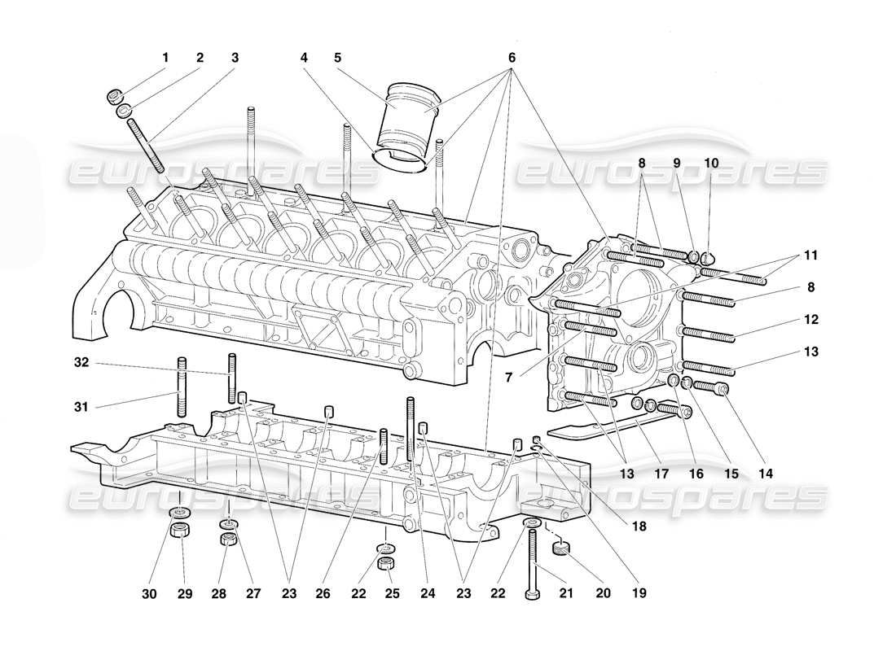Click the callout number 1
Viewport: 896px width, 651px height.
pos(165,58)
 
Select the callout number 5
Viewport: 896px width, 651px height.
pos(336,58)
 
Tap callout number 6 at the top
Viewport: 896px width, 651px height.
pos(512,58)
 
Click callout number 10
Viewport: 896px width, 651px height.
pos(711,163)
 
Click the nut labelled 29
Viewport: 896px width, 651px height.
pos(180,533)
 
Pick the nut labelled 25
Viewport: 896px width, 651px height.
pos(389,564)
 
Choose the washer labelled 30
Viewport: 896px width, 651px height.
pos(179,512)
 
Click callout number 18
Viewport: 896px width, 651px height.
pos(638,526)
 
